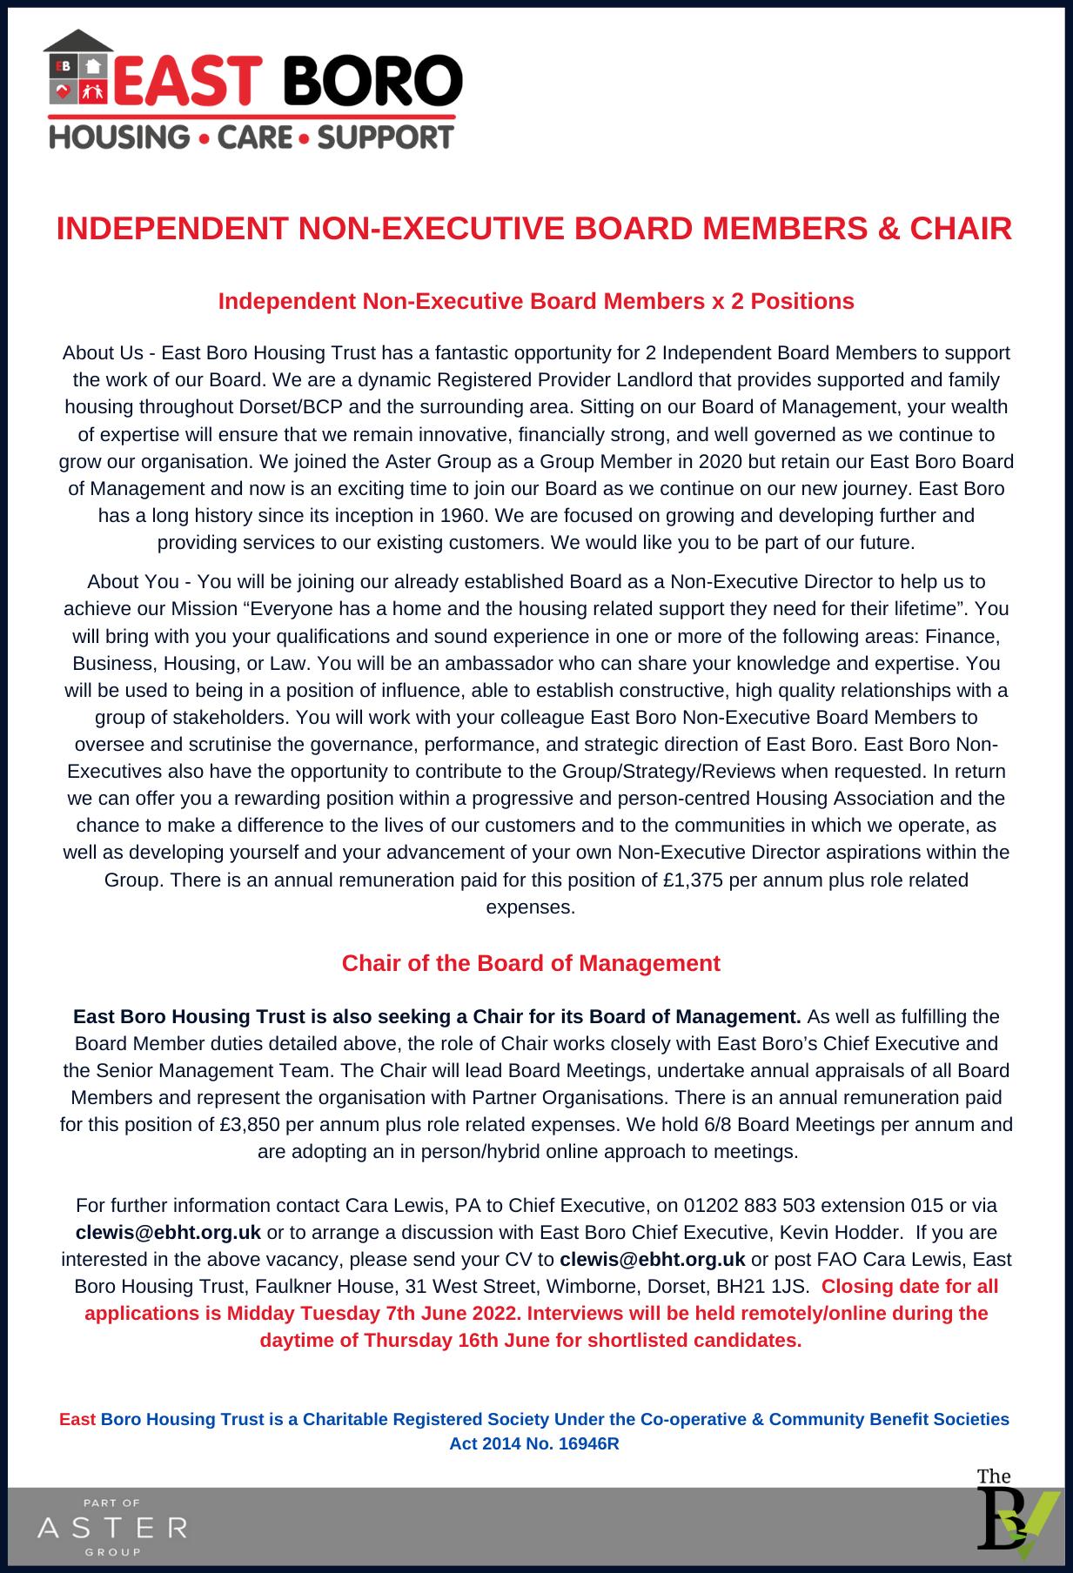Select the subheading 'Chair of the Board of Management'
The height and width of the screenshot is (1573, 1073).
coord(531,963)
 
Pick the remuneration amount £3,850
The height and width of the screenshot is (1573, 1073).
coord(250,1124)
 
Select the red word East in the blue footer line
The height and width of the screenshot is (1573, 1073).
coord(77,1419)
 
